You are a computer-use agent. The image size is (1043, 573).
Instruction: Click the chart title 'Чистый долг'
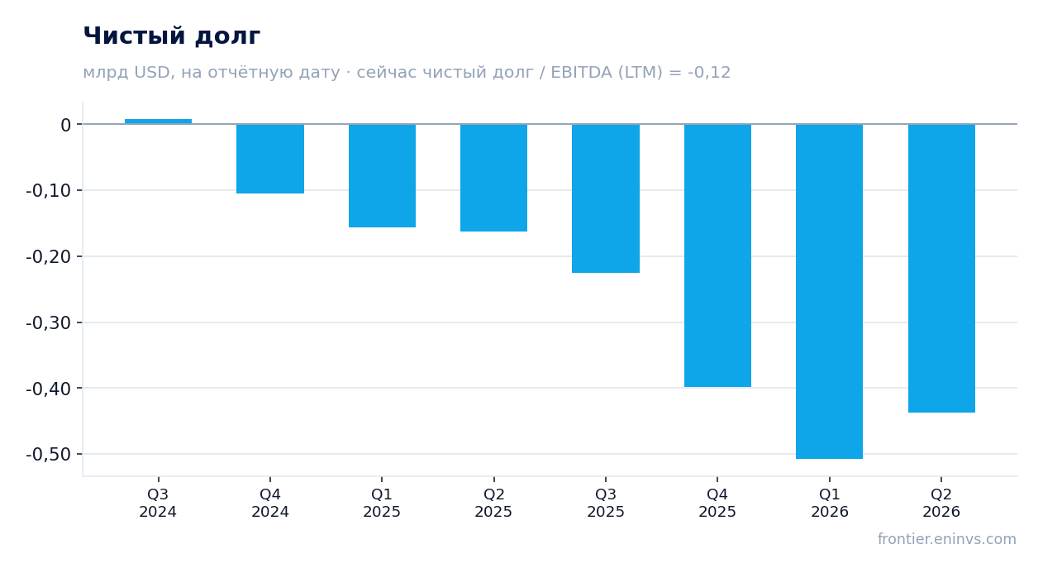click(171, 36)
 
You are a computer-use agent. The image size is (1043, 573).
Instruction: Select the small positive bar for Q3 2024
click(159, 122)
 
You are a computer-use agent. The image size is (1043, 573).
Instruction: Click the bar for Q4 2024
click(270, 159)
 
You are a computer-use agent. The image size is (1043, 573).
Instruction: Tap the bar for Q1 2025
click(383, 175)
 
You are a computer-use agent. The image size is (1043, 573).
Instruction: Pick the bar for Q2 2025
click(494, 178)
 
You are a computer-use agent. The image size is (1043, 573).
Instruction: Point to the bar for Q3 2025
click(606, 198)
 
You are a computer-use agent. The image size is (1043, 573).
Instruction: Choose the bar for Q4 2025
click(717, 255)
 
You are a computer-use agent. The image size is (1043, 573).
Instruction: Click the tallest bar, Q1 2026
click(829, 292)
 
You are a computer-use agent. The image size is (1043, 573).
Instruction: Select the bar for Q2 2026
click(941, 269)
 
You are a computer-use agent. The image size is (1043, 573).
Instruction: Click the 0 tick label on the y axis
click(65, 125)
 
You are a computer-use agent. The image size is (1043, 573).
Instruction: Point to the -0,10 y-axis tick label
click(49, 190)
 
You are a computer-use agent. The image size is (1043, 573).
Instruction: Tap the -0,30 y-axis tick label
click(49, 322)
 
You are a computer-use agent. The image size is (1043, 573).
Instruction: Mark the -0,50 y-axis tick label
click(49, 454)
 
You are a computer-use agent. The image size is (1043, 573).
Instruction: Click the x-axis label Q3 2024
click(158, 503)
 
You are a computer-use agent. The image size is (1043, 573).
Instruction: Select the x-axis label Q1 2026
click(830, 503)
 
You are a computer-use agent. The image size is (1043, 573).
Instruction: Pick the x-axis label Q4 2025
click(717, 503)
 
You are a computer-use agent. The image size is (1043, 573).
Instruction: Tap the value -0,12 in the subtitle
click(709, 73)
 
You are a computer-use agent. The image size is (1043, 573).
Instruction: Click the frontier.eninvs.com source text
click(946, 539)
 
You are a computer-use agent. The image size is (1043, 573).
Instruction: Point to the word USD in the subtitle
click(152, 73)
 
